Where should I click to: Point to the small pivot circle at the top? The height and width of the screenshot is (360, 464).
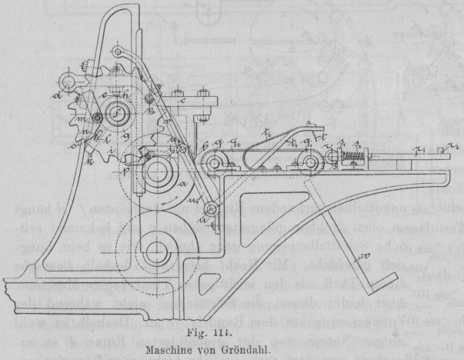click(x=116, y=52)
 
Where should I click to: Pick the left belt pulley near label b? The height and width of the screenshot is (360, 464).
click(x=210, y=163)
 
